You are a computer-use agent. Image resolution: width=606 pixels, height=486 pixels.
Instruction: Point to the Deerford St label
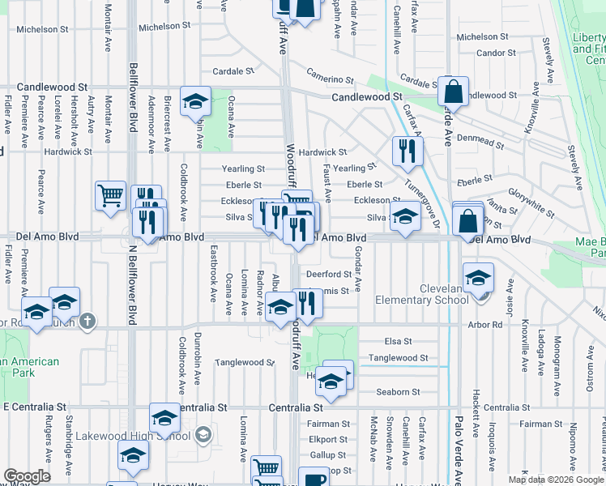tap(327, 275)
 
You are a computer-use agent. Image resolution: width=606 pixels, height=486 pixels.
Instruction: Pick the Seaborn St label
tap(398, 392)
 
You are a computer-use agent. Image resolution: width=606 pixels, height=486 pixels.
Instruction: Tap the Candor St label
tap(491, 53)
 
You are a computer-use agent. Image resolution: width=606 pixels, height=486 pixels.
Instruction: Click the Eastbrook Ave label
tap(214, 264)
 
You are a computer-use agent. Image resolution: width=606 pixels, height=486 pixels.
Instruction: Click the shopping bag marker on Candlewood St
tap(454, 92)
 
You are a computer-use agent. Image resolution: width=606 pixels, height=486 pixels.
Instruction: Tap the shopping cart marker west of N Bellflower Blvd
tap(110, 195)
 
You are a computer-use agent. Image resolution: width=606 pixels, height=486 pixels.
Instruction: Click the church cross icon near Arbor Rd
tap(88, 322)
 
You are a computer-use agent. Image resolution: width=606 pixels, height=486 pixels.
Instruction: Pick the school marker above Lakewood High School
tap(165, 417)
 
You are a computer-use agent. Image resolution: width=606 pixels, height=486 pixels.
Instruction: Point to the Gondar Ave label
tap(357, 292)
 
